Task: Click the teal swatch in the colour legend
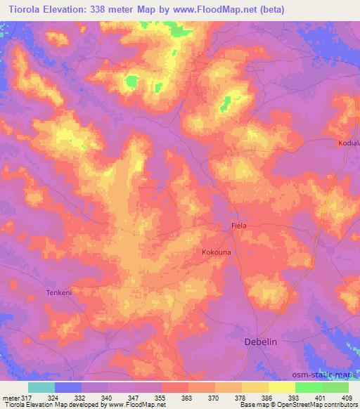click(42, 387)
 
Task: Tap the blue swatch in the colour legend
click(69, 387)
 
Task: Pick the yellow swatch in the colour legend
click(281, 387)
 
